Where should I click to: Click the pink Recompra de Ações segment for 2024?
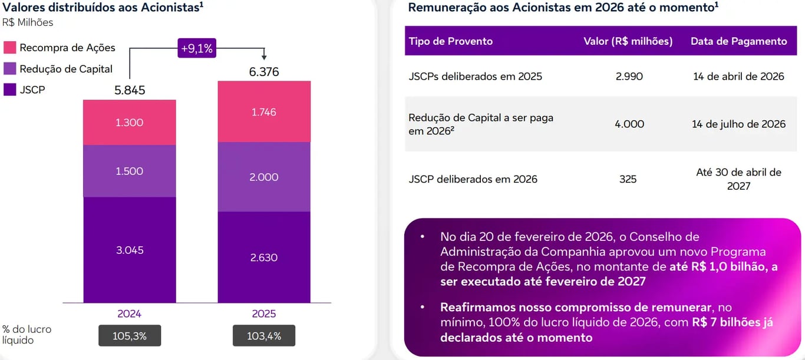[x=130, y=123]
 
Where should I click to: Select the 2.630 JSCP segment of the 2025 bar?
[x=264, y=257]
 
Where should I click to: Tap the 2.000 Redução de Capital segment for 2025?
[x=264, y=177]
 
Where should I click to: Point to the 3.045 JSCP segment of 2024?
[x=130, y=250]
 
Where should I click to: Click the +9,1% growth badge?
[x=197, y=49]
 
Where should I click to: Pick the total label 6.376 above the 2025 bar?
[x=264, y=72]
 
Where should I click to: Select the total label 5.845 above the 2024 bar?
[x=130, y=91]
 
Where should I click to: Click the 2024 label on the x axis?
[x=130, y=313]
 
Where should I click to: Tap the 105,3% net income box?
[x=130, y=336]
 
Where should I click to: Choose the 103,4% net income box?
[x=264, y=336]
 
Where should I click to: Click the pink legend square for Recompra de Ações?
[x=9, y=48]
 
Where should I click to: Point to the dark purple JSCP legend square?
[x=9, y=90]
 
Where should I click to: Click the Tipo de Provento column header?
[x=451, y=41]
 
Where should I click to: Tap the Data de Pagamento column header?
[x=738, y=41]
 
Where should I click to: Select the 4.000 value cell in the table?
[x=628, y=124]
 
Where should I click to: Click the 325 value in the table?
[x=628, y=179]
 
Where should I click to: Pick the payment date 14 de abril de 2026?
[x=738, y=77]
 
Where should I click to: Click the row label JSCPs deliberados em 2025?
[x=475, y=77]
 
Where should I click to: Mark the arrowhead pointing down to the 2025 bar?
[x=264, y=57]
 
